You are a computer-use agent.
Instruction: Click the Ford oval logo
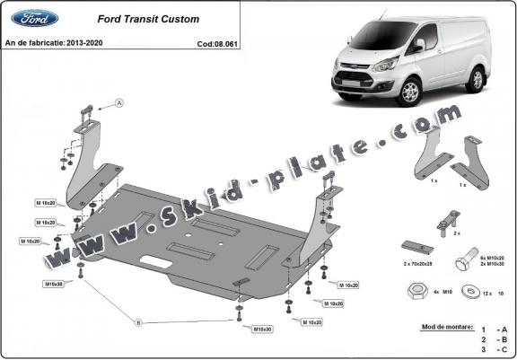click(x=34, y=18)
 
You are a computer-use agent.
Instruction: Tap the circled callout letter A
click(x=118, y=105)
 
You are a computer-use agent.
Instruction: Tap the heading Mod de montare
click(x=446, y=326)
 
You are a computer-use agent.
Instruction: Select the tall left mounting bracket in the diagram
click(x=86, y=162)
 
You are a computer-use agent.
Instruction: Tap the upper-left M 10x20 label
click(x=46, y=204)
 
